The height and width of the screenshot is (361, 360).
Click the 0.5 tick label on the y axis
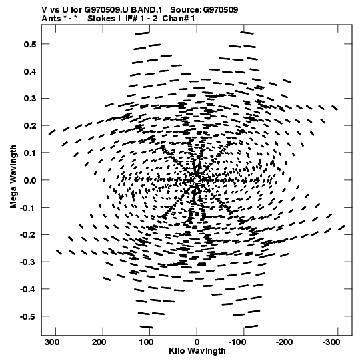(30, 45)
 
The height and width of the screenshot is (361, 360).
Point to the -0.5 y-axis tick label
(28, 316)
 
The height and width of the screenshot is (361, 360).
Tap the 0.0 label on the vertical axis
(30, 180)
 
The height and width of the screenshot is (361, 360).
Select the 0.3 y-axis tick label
(30, 99)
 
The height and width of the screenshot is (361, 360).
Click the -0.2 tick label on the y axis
(28, 235)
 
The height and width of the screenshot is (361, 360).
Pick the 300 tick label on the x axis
(52, 342)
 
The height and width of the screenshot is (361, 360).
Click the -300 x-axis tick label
(331, 342)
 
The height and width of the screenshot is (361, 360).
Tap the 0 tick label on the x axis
(197, 342)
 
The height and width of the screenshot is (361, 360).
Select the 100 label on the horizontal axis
(146, 342)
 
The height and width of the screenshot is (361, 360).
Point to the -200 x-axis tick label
(284, 342)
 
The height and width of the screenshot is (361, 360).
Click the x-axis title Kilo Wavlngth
(197, 351)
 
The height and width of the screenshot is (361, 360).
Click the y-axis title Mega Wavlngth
(13, 177)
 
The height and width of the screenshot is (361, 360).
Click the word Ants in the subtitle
(50, 19)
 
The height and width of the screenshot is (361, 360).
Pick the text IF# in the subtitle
(131, 19)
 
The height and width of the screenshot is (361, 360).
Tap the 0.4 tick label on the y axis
(30, 71)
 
